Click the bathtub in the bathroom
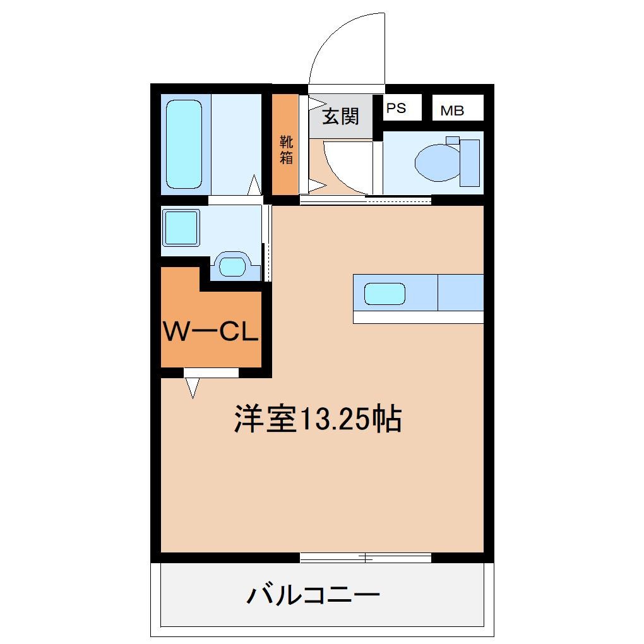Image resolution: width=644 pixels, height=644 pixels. pyautogui.click(x=184, y=145)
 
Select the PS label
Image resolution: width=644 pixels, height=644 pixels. pyautogui.click(x=396, y=108)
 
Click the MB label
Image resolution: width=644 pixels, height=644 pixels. pyautogui.click(x=452, y=110)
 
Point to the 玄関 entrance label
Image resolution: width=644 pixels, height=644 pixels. pyautogui.click(x=340, y=116)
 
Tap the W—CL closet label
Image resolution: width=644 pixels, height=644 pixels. pyautogui.click(x=211, y=331)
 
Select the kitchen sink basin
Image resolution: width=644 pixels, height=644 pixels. pyautogui.click(x=385, y=294)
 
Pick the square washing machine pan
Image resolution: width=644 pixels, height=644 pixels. pyautogui.click(x=181, y=228)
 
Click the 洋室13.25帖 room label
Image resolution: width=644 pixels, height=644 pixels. pyautogui.click(x=318, y=419)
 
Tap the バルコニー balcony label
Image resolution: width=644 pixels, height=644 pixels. pyautogui.click(x=313, y=595)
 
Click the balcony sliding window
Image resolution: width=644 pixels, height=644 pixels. pyautogui.click(x=365, y=558)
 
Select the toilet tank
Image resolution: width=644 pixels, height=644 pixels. pyautogui.click(x=470, y=163)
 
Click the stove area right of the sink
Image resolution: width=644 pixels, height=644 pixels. pyautogui.click(x=460, y=292)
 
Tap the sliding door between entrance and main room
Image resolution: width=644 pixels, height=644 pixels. pyautogui.click(x=365, y=201)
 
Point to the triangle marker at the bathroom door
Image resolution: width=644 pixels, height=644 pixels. pyautogui.click(x=253, y=186)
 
